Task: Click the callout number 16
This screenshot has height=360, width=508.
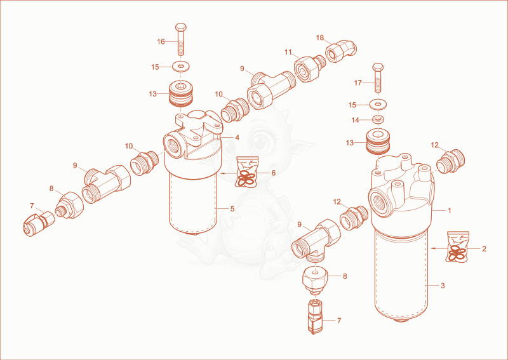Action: [x=161, y=42]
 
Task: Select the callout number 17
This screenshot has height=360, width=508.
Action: [x=358, y=83]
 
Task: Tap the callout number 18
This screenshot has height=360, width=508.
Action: [x=320, y=37]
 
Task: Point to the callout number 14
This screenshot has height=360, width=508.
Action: [x=356, y=120]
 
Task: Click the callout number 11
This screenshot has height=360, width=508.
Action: [x=288, y=52]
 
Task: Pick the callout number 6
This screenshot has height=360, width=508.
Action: [x=274, y=173]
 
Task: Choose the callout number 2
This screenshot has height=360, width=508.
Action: [x=484, y=249]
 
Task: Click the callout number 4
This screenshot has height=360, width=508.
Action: [x=237, y=138]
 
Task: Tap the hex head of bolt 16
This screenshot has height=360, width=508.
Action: [x=181, y=27]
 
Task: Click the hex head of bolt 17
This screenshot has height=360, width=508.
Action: [x=378, y=67]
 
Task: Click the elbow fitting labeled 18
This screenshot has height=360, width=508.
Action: [x=341, y=51]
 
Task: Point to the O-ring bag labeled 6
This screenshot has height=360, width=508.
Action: [x=247, y=171]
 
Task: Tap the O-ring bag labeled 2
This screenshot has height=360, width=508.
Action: [x=457, y=246]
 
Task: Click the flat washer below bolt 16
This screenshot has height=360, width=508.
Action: [x=181, y=67]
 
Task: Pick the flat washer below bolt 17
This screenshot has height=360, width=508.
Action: [x=378, y=104]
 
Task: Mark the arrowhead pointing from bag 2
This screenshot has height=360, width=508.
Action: [x=433, y=248]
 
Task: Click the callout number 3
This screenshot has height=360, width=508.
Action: [x=443, y=286]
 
